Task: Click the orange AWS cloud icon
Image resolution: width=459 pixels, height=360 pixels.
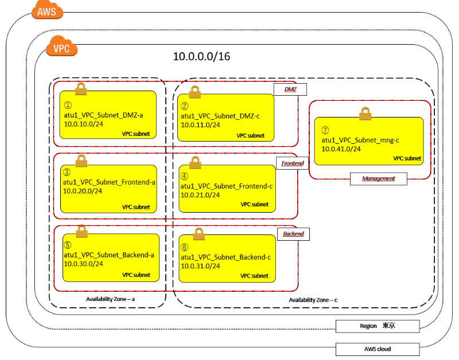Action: (x=46, y=11)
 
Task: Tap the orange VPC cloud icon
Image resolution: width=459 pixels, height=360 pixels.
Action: (x=61, y=48)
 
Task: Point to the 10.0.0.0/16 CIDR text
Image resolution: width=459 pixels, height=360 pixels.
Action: (x=201, y=57)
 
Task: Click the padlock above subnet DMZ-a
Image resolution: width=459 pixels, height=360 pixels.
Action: (x=81, y=88)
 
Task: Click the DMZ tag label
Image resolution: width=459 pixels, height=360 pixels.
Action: (x=290, y=89)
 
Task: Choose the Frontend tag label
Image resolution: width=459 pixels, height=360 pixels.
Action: (x=292, y=163)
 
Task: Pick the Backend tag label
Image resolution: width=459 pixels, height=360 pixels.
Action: (x=293, y=234)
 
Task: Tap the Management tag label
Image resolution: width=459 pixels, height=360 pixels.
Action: (x=378, y=178)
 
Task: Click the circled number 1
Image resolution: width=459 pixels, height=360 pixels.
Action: (x=67, y=105)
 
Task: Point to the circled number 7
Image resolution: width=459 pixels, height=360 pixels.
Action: (x=326, y=131)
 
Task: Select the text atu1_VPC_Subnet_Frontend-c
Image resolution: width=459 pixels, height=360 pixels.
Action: (x=227, y=186)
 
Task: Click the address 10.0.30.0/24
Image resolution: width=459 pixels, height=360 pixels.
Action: (x=83, y=264)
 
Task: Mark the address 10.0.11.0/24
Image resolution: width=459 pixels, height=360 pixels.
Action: (x=200, y=124)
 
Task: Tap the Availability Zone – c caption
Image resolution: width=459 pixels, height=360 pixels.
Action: (x=313, y=300)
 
